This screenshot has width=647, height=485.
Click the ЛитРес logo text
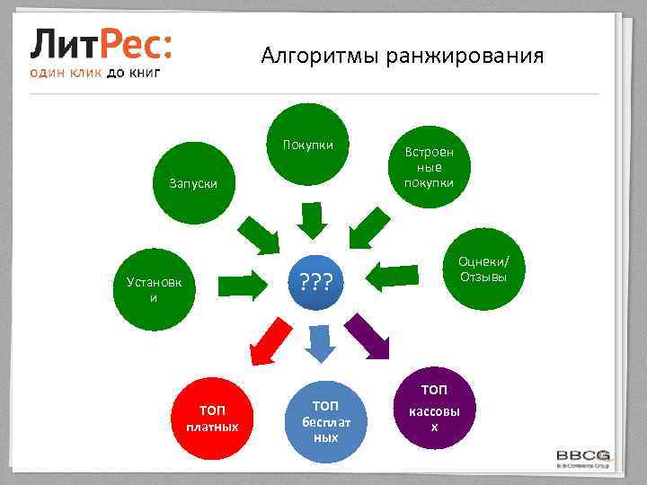(x=102, y=43)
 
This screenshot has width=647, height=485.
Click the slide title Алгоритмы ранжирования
(x=402, y=57)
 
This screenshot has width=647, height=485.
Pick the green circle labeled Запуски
(x=193, y=183)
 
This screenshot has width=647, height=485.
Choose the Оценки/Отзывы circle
(x=483, y=269)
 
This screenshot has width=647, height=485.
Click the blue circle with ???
(x=316, y=284)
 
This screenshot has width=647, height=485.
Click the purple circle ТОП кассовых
(x=433, y=408)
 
